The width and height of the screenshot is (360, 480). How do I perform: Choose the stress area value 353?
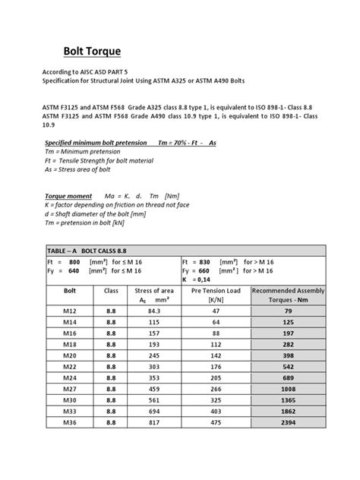pos(155,356)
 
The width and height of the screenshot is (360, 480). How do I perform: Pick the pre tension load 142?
pos(216,333)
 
